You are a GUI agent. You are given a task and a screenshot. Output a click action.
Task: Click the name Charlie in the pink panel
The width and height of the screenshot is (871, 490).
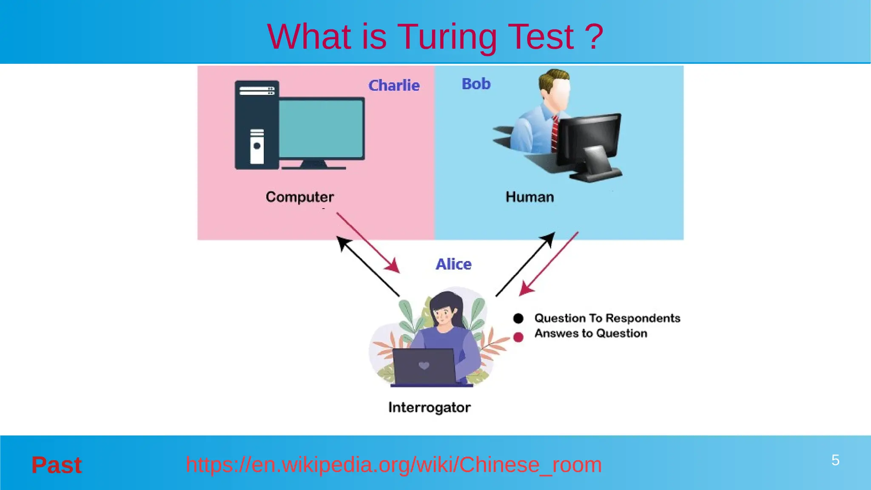394,85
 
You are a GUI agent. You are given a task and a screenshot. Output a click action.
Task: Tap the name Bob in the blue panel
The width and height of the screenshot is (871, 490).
476,84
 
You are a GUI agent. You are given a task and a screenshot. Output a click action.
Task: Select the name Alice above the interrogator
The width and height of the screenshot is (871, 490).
453,264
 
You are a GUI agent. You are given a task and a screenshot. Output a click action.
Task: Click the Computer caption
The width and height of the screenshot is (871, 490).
300,197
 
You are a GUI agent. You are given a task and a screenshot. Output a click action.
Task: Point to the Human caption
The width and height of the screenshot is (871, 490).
529,197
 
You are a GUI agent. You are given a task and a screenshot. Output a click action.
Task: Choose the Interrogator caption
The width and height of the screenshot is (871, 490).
429,407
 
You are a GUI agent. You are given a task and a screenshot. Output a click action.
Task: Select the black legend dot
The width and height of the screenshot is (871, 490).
518,318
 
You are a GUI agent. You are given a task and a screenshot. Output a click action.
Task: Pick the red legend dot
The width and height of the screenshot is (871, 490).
518,337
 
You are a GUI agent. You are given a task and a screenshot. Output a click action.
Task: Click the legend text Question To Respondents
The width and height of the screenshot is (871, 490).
607,318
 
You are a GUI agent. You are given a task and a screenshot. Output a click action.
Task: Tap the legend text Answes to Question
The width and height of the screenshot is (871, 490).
591,333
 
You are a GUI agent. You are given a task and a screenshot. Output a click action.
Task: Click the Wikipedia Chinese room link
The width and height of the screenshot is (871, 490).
393,464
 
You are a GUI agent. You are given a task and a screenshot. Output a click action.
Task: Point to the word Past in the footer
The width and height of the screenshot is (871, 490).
57,465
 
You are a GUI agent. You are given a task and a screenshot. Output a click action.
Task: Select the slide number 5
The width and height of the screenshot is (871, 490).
835,460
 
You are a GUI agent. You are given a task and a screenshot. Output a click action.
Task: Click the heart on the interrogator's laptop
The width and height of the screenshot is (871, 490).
424,365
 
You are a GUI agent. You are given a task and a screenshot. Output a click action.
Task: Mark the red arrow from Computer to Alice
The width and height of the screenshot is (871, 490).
368,242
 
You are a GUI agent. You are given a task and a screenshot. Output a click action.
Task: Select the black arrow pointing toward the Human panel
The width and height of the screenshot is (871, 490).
526,264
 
